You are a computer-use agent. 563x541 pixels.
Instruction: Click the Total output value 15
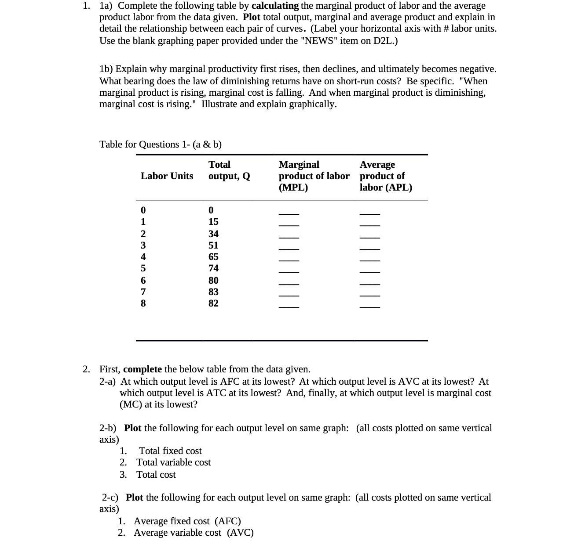(x=213, y=222)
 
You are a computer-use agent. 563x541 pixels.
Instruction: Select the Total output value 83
(x=213, y=292)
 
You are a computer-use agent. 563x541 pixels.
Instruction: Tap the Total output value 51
(x=213, y=245)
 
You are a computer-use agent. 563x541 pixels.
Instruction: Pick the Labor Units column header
(x=167, y=176)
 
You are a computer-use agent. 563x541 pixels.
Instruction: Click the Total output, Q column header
(x=229, y=170)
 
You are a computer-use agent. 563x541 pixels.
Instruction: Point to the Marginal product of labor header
(x=314, y=176)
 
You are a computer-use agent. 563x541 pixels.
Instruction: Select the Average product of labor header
(x=386, y=176)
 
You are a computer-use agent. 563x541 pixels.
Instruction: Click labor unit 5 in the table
(x=143, y=268)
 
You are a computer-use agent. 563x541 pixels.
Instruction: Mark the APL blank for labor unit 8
(x=369, y=307)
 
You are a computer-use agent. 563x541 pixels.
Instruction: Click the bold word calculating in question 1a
(x=275, y=6)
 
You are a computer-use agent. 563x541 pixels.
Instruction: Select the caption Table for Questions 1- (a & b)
(x=161, y=144)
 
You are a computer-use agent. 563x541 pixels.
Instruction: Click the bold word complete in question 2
(x=143, y=369)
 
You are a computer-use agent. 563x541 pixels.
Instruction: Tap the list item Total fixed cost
(x=170, y=451)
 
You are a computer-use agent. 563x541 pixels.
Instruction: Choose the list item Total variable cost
(x=173, y=462)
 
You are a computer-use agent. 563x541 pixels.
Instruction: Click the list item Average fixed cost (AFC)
(x=187, y=521)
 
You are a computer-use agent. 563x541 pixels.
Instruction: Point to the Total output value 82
(x=213, y=303)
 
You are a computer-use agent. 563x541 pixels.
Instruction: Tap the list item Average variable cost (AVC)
(x=194, y=533)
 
